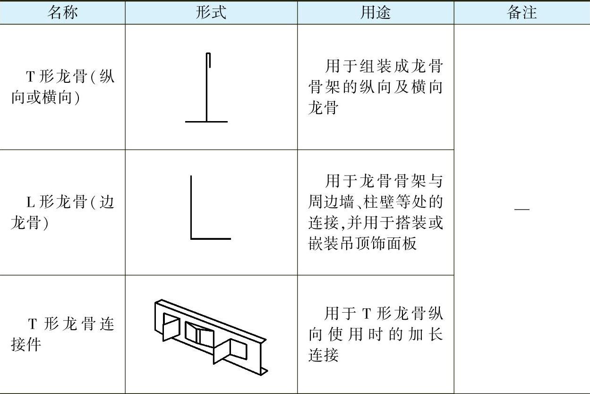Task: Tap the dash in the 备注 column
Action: pos(522,209)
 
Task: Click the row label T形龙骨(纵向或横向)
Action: pos(62,87)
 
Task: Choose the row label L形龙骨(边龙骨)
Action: pos(62,212)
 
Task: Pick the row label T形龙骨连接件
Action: pos(62,334)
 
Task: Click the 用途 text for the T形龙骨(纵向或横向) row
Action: pos(376,87)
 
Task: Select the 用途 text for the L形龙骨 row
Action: pos(376,212)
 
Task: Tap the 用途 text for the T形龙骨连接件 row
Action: pos(376,334)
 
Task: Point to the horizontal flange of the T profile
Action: pos(206,122)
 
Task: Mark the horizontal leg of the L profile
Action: pos(211,238)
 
